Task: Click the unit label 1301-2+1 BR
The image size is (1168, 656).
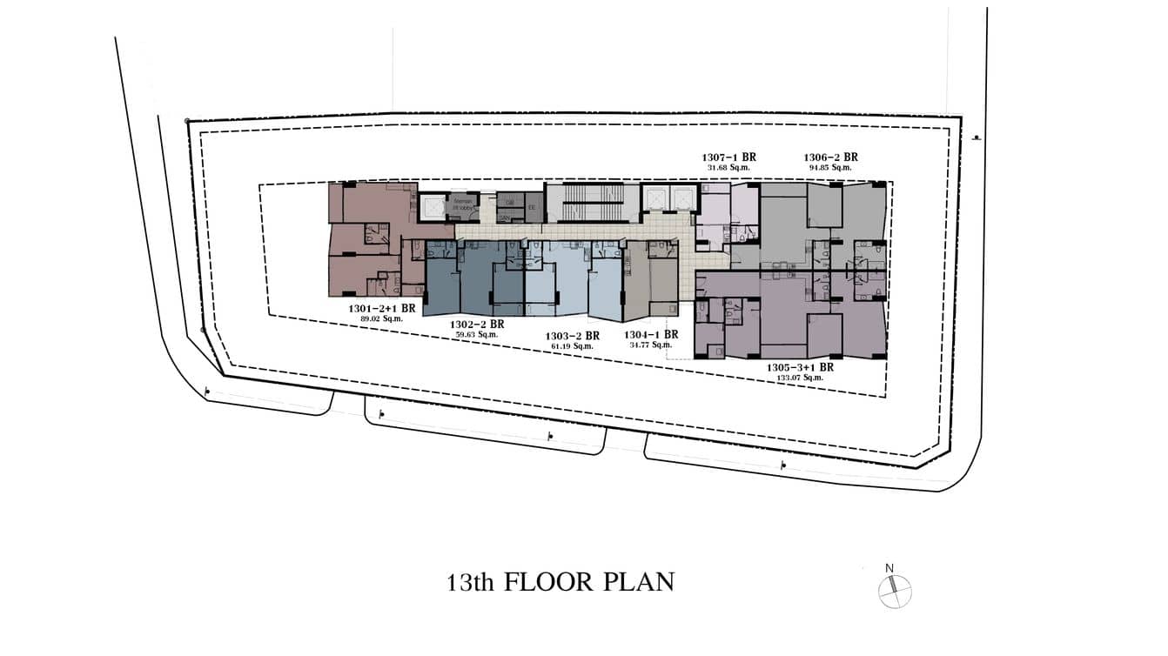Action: coord(381,308)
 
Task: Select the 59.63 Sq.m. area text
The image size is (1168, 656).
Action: coord(475,335)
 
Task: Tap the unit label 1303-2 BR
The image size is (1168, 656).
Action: coord(572,336)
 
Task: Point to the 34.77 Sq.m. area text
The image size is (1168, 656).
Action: coord(648,345)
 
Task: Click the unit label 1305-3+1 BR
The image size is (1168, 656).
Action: coord(800,367)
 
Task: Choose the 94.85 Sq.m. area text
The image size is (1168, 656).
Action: coord(830,167)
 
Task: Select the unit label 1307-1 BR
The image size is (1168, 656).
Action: coord(729,157)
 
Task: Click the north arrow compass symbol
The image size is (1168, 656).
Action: coord(894,591)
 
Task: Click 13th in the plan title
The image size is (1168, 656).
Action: coord(472,582)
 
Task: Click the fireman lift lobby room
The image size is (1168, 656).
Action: coord(461,206)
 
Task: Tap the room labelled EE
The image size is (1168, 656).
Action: coord(531,207)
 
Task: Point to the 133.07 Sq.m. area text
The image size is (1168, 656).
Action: coord(801,378)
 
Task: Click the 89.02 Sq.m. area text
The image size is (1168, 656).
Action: coord(382,318)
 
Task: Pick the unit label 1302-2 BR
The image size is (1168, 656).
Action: coord(475,325)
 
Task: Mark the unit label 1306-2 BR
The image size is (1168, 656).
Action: coord(830,157)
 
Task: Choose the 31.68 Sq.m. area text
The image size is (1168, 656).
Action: coord(729,167)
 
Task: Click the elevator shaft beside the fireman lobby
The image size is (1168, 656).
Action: coord(432,206)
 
